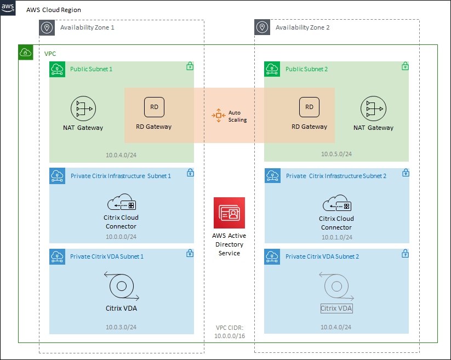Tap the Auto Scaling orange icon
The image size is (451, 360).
coord(219,115)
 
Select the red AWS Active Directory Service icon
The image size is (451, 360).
coord(230,213)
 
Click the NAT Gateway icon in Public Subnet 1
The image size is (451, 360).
coord(83,110)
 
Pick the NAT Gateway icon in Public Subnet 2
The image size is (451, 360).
coord(373,110)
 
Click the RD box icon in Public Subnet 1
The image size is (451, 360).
coord(154,107)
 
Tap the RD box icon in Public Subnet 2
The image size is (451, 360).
coord(310,107)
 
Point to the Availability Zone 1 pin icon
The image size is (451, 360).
coord(47,27)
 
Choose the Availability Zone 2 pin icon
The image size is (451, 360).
coord(262,27)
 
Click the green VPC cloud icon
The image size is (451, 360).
coord(26,53)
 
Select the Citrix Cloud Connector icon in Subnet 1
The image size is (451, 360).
coord(121,203)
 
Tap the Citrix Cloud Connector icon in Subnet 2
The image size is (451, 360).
coord(336,204)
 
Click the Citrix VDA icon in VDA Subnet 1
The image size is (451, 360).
coord(121,286)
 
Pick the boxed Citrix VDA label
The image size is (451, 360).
coord(336,308)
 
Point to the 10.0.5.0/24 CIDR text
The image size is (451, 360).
coord(336,154)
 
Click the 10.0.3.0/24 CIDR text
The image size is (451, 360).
coord(121,327)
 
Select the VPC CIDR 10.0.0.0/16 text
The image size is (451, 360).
coord(230,332)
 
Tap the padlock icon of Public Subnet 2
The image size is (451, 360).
coord(405,66)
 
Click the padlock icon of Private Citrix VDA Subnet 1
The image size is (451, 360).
coord(190,254)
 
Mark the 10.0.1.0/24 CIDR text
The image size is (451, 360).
coord(336,237)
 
